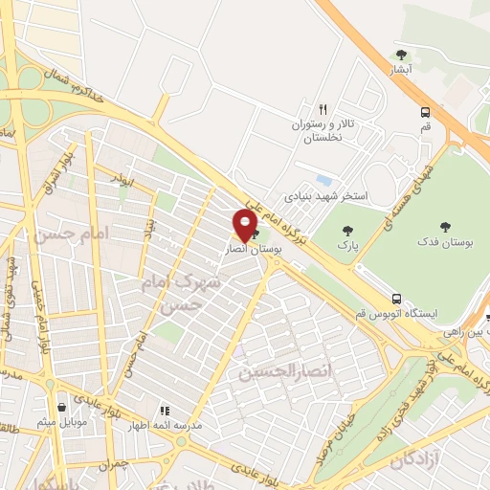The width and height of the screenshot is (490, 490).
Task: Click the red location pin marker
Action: pos(244,225)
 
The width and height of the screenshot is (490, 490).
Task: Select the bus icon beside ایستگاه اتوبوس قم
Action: pos(395,298)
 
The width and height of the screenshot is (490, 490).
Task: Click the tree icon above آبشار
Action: pos(401,55)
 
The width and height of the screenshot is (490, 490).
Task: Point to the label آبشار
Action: pos(401,71)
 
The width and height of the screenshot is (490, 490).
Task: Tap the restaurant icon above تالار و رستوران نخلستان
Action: pos(323,109)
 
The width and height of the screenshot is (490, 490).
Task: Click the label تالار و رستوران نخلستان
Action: pos(317,132)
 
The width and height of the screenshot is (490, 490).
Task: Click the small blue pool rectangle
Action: pos(324,179)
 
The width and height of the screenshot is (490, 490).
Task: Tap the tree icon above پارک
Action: pos(346,230)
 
